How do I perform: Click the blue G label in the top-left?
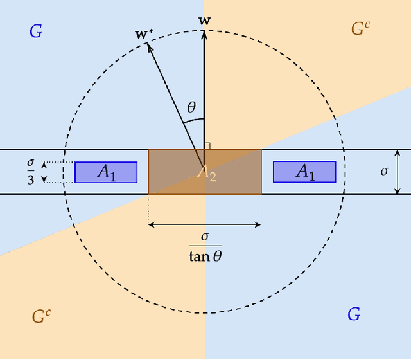[x=36, y=31]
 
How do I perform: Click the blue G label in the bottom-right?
[x=353, y=314]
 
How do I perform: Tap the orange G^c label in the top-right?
[x=360, y=28]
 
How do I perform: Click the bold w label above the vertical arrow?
[x=205, y=21]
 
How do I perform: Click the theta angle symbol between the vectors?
[x=191, y=107]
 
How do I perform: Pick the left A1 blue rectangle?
[x=106, y=172]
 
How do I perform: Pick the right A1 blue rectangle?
[x=304, y=172]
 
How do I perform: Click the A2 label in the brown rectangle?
[x=206, y=173]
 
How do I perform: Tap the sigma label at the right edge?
[x=385, y=172]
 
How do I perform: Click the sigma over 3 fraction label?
[x=30, y=172]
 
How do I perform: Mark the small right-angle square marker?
[x=207, y=147]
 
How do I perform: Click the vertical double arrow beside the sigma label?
[x=398, y=172]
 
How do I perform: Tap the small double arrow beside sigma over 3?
[x=44, y=172]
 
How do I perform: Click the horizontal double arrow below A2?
[x=205, y=224]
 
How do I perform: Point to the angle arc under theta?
[x=197, y=120]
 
